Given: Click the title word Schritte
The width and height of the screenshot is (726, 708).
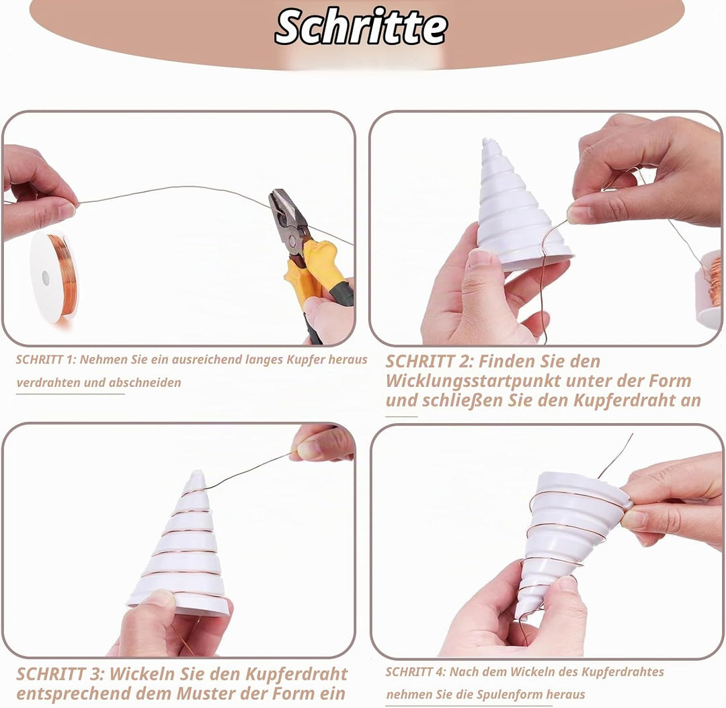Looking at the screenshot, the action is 361,26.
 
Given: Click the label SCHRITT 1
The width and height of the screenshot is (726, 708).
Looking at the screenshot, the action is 46,359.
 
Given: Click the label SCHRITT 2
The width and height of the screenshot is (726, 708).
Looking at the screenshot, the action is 428,361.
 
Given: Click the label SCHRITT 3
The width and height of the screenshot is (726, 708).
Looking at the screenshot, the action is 59,674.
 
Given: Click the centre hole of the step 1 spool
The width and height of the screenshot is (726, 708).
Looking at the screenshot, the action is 46,277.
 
